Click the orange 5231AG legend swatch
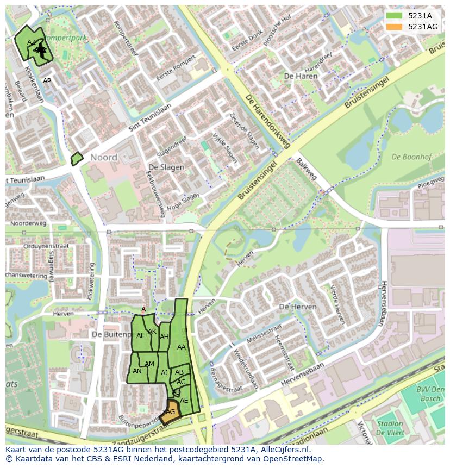coord(395,27)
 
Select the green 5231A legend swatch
coord(395,16)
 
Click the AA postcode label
coord(182,347)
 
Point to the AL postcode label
coord(140,336)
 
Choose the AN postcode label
coord(137,371)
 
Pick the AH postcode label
coord(164,337)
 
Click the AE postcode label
coord(184,401)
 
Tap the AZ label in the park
coord(32,42)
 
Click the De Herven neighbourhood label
coord(297,307)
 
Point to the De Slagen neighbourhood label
coord(166,167)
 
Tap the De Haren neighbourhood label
coord(301,76)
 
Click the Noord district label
coord(103,158)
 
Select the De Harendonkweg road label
coord(267,123)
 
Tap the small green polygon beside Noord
coord(77,159)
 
